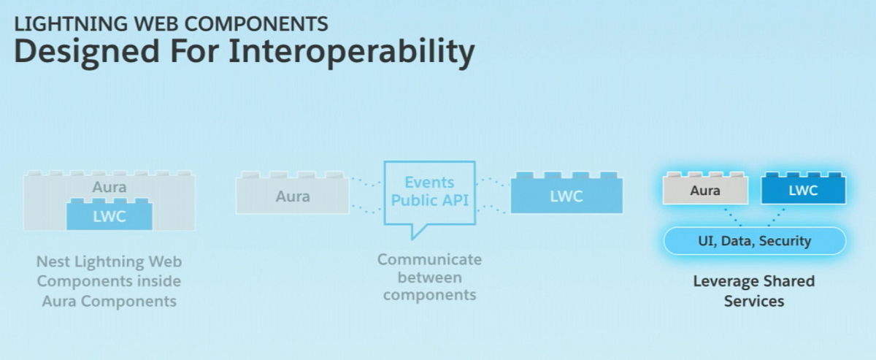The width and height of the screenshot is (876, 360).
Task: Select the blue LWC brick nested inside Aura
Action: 109,216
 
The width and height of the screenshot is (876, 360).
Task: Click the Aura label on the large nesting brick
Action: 109,187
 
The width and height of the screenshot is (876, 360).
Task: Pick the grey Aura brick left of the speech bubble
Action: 292,196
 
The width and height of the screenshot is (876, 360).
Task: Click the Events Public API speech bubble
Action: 429,191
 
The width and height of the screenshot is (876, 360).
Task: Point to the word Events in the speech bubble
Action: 429,183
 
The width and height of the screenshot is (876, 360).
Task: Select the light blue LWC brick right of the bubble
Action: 566,196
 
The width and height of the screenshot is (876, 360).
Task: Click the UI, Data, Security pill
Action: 754,240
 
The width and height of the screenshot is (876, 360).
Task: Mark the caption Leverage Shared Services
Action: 754,291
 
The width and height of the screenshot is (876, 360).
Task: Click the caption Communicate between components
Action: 429,277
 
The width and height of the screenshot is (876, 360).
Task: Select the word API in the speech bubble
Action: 456,201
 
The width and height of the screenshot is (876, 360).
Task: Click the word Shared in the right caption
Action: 788,281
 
